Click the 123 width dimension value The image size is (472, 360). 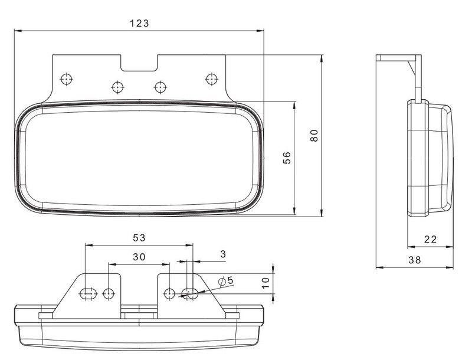139,23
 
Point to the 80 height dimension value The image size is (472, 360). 314,136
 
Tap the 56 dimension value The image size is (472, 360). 287,158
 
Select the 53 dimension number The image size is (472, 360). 139,238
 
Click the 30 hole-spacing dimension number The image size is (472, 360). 139,257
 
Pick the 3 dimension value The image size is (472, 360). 223,254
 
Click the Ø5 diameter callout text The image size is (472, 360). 226,281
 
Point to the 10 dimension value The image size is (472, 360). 265,283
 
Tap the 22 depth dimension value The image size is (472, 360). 431,239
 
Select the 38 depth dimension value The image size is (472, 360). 415,260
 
